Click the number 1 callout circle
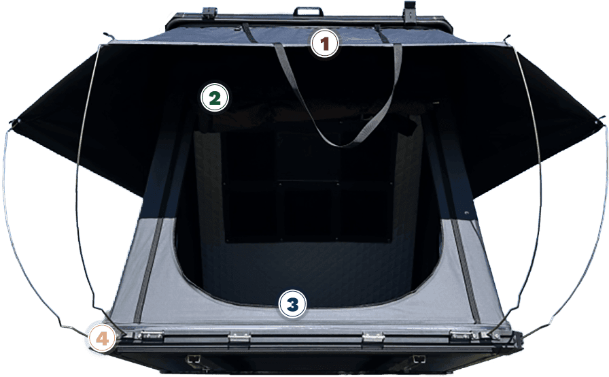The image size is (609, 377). (x=325, y=44)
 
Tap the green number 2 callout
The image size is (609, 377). (x=215, y=97)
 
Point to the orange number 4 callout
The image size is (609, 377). (x=102, y=339)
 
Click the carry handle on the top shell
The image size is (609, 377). (x=308, y=11)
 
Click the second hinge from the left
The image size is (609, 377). (x=239, y=337)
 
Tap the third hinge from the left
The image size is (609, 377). (x=373, y=337)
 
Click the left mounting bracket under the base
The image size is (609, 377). (x=194, y=359)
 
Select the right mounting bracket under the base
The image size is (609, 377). (x=417, y=359)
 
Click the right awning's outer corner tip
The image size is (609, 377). (x=600, y=120)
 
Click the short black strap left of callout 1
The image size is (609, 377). (x=249, y=33)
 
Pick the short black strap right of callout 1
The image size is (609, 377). (x=382, y=34)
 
